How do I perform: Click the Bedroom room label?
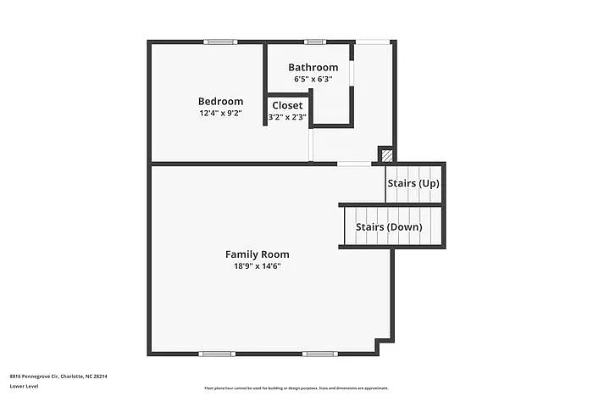click(220, 101)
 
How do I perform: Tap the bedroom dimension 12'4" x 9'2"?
click(220, 113)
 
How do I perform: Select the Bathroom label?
click(313, 67)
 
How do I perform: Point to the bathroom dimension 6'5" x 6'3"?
click(313, 79)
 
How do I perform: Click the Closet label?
click(287, 105)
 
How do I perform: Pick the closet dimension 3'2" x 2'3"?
click(287, 117)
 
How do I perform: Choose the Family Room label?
click(257, 254)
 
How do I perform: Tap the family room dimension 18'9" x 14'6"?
click(257, 265)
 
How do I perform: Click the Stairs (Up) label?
click(413, 183)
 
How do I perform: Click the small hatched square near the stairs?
click(385, 155)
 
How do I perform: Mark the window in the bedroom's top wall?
click(220, 41)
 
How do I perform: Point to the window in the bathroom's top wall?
click(315, 41)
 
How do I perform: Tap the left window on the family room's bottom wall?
click(216, 354)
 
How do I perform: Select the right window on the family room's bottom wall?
click(319, 354)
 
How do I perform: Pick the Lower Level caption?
click(23, 387)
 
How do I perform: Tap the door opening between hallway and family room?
click(353, 164)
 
